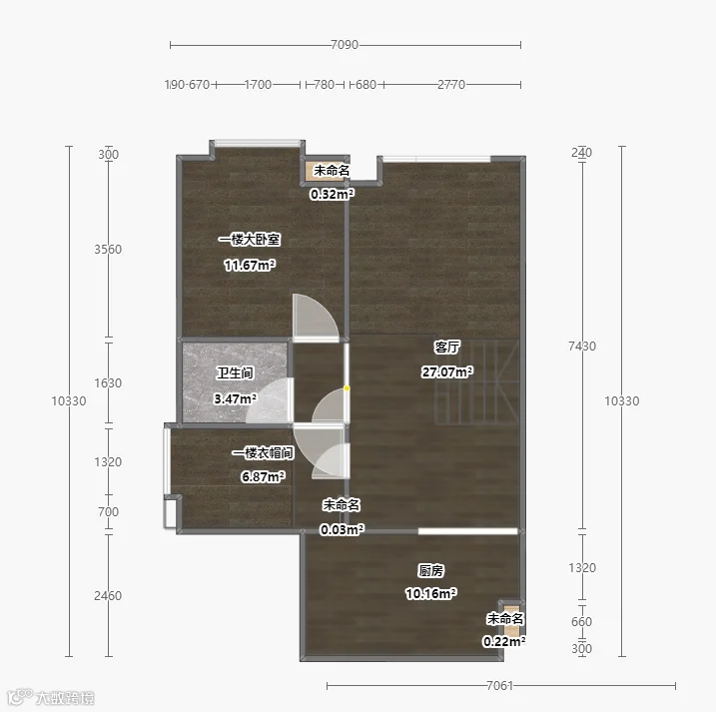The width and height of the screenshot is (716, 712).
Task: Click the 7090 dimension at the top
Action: pos(345,45)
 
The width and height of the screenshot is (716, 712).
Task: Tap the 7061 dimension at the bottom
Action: pos(500,685)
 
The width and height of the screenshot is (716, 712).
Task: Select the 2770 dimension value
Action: pos(451,85)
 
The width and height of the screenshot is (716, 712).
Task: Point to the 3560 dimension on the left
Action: pos(108,250)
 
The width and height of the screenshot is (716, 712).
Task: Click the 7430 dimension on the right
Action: pos(582,347)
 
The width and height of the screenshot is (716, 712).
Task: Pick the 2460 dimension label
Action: pos(108,596)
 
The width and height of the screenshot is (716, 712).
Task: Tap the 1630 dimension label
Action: pos(108,383)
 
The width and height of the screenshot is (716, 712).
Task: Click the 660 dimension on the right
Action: pos(582,621)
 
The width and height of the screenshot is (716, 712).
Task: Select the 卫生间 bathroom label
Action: pos(235,373)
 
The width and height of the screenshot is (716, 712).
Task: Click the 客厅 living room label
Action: pos(447,348)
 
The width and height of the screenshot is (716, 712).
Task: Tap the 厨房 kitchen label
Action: pos(430,571)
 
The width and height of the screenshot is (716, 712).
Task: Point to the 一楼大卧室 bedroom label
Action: pos(250,240)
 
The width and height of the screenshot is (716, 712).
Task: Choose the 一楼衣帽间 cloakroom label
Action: pos(263,453)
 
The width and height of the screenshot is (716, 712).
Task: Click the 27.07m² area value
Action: pos(447,371)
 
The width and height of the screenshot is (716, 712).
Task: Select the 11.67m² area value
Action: pos(250,265)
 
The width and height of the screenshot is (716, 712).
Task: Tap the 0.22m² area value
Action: pos(504,641)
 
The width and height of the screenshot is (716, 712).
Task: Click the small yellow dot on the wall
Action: pos(348,388)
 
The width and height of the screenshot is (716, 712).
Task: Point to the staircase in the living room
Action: pos(476,382)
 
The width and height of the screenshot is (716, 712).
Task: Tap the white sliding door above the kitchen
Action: pos(467,531)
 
